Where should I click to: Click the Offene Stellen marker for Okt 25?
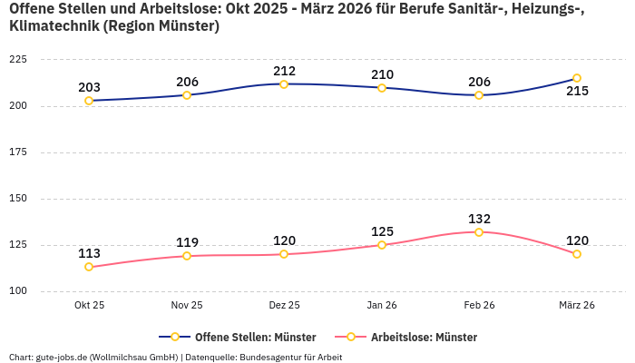89,101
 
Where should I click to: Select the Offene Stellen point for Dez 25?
284,84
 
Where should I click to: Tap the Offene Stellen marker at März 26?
577,78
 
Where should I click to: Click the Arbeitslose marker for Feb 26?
479,232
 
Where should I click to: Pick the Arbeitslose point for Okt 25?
89,267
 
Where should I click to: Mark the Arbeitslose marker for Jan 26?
382,245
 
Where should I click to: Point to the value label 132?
479,219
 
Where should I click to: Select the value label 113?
89,253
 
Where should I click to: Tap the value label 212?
284,71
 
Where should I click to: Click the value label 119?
187,242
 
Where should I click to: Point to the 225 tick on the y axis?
17,59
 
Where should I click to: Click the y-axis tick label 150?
17,199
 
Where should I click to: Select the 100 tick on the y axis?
17,291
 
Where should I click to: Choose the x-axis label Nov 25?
187,306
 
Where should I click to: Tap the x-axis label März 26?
577,306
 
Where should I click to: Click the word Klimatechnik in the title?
53,26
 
